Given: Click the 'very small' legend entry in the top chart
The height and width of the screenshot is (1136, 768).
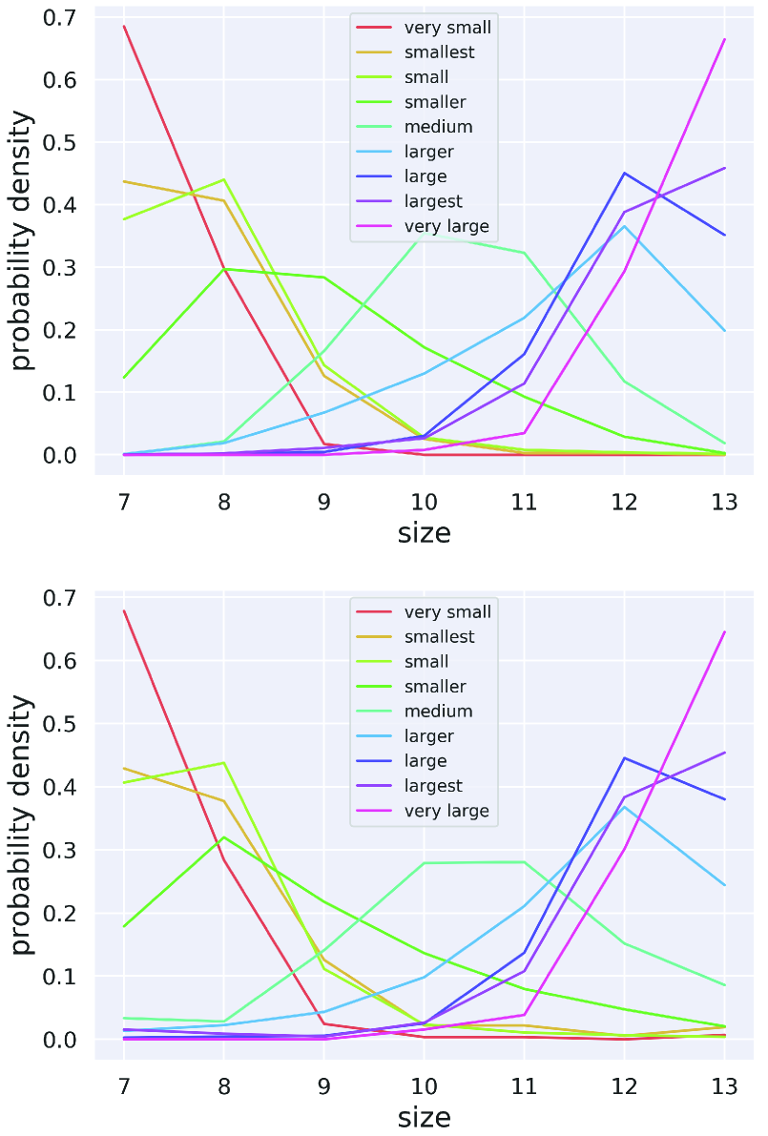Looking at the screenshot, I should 447,28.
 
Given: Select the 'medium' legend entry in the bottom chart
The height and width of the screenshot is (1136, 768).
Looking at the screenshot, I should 438,711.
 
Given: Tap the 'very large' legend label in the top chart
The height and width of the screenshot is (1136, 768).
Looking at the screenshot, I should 446,226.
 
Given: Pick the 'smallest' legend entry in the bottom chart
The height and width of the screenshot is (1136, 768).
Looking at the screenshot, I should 439,636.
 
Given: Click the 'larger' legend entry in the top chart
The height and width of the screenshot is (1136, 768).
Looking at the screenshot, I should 429,152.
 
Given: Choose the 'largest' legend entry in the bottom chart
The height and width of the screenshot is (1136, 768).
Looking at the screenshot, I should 433,785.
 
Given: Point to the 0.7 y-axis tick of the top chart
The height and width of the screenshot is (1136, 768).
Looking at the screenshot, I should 62,17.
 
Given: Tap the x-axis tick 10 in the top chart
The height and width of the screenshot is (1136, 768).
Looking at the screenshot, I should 425,502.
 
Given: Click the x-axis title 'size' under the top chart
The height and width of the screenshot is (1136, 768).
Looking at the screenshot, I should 424,533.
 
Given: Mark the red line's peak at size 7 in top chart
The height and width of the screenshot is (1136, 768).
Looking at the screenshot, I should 124,26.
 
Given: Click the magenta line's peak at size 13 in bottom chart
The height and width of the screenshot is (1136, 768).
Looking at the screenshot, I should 725,631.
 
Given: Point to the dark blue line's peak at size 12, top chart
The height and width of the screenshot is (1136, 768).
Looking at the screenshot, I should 625,173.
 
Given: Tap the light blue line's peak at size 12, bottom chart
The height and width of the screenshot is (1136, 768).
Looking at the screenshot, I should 625,807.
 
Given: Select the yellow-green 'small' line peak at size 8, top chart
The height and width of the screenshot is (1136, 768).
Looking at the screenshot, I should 224,179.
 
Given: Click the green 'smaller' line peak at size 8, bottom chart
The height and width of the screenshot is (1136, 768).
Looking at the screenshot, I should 224,837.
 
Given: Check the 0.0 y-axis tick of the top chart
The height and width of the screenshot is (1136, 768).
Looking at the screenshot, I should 62,455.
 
